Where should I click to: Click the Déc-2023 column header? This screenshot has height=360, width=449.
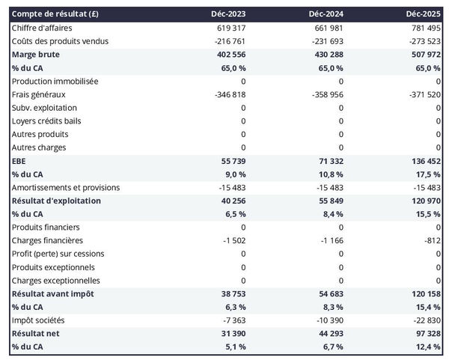(230, 14)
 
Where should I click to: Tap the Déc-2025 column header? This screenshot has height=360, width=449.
(424, 14)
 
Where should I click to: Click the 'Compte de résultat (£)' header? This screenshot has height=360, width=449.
(49, 14)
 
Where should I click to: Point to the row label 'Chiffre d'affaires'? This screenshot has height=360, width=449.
(42, 28)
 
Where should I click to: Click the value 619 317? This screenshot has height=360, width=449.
(230, 28)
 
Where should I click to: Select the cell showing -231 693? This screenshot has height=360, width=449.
(325, 41)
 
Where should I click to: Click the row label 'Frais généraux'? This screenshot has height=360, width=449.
(39, 94)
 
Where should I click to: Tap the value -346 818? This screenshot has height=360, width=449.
(228, 94)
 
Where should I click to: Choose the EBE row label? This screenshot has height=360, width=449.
(19, 161)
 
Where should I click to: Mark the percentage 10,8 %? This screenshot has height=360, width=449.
(329, 174)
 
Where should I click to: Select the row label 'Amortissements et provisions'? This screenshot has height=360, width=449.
(66, 187)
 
